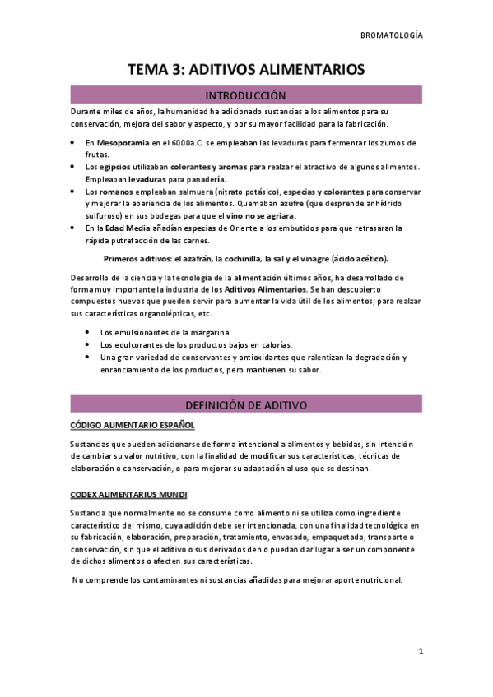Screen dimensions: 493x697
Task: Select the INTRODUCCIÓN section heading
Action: click(x=246, y=95)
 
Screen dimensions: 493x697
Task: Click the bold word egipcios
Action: click(x=121, y=167)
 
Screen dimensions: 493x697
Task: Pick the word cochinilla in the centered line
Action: click(x=237, y=258)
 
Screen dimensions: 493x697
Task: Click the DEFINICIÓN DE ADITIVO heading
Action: click(x=246, y=405)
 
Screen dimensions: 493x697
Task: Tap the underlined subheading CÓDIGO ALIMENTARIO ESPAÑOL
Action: click(x=132, y=425)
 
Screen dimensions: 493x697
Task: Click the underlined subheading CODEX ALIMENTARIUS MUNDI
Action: click(x=129, y=494)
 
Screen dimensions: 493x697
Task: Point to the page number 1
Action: click(x=420, y=652)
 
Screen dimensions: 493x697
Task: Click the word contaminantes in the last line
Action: click(x=174, y=579)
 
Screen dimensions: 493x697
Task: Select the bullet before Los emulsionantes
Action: click(x=88, y=332)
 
